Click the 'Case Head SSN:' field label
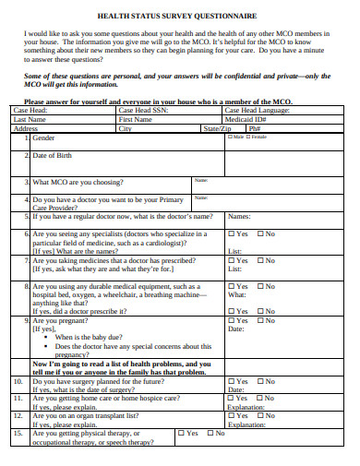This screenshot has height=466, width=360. [143, 110]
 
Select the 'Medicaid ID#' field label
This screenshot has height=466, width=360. [246, 119]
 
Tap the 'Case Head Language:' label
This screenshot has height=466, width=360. [258, 110]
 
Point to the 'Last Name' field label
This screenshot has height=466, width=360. [30, 119]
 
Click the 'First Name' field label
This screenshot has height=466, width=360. [136, 119]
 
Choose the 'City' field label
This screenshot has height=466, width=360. [126, 128]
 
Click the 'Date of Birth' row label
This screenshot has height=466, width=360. [54, 156]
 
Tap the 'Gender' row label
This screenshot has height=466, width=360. [43, 137]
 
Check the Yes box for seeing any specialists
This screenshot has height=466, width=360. [231, 234]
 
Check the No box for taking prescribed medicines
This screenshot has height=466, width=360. [260, 260]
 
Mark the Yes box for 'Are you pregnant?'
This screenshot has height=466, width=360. [231, 320]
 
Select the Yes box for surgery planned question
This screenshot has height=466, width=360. [231, 381]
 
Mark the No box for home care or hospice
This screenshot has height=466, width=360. [260, 398]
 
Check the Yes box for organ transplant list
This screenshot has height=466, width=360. [231, 415]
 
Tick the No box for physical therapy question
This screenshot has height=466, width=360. [211, 432]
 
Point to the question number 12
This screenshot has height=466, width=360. [18, 415]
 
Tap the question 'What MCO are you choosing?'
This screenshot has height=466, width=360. [81, 182]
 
